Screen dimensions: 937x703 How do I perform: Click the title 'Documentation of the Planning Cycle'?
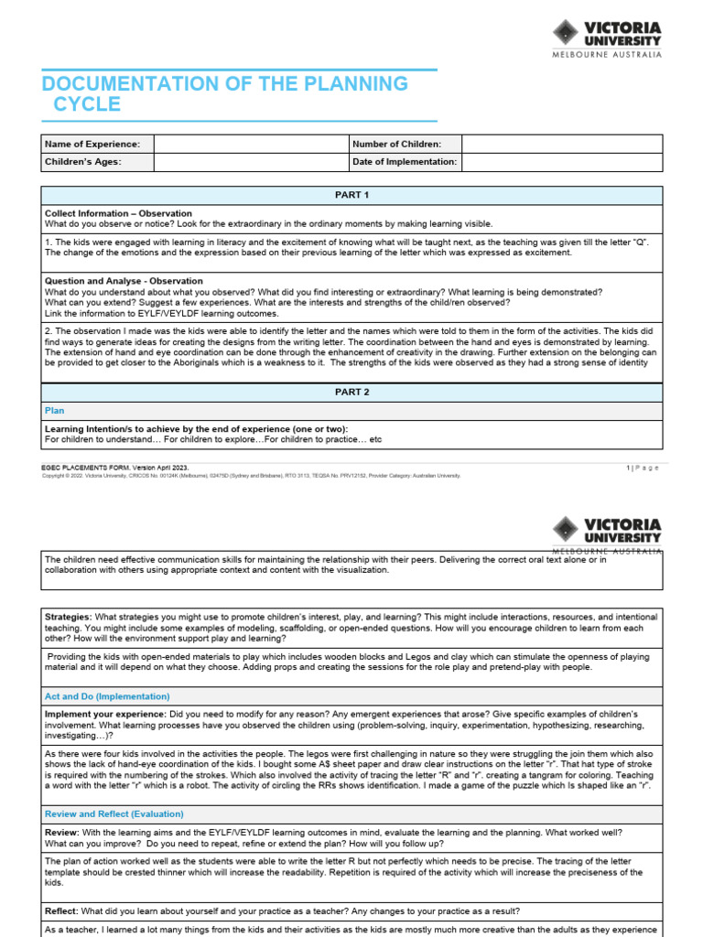point(224,93)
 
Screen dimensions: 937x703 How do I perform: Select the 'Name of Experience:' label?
point(92,144)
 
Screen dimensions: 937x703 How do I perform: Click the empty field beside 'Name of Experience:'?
point(250,144)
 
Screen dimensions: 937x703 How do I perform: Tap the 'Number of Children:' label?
point(396,144)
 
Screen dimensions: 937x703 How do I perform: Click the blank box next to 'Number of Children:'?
point(561,144)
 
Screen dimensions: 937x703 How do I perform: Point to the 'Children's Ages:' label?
point(83,162)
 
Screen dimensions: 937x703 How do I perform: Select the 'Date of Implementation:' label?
point(404,162)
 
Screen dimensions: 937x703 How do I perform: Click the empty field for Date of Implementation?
point(561,162)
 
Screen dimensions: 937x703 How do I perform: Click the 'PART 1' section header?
point(351,195)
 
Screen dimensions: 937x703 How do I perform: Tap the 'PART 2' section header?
point(351,392)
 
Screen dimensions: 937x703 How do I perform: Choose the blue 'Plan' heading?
point(55,411)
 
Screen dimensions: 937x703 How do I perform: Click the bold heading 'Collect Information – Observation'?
point(118,213)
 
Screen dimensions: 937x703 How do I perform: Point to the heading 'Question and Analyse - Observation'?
point(124,281)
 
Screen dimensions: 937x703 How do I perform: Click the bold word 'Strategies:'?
point(68,618)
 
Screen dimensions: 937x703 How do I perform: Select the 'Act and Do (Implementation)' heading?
point(107,696)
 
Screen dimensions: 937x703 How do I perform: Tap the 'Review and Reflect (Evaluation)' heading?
point(114,813)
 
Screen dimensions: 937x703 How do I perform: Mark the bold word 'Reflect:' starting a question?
point(61,911)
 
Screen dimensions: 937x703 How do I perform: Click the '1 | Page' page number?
point(643,468)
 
